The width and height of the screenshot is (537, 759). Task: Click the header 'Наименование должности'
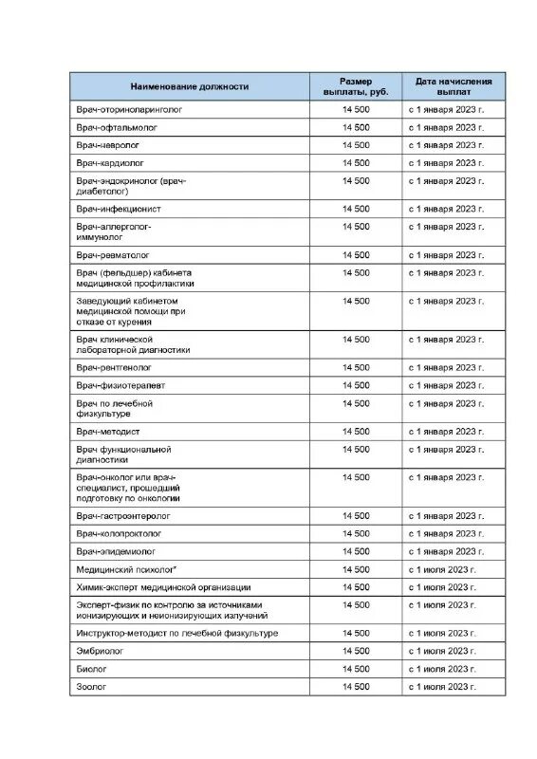click(190, 86)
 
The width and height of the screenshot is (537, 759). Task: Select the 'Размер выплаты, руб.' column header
click(356, 86)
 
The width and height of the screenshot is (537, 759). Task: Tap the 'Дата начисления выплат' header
click(454, 86)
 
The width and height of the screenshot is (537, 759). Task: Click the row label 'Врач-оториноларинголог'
click(129, 109)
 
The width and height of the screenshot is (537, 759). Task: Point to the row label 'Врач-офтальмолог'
click(116, 127)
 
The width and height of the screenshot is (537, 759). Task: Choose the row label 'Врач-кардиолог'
click(112, 162)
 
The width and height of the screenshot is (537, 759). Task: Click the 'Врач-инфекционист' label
click(119, 209)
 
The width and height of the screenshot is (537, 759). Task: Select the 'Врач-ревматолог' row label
click(114, 255)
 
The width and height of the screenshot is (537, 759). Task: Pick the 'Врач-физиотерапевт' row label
click(120, 385)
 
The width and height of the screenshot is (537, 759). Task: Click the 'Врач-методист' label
click(108, 432)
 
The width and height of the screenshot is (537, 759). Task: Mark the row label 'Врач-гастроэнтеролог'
click(123, 516)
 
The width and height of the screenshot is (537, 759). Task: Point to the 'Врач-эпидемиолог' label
click(116, 551)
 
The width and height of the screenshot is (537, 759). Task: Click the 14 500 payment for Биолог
click(356, 668)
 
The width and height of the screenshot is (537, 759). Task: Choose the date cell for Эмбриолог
click(442, 651)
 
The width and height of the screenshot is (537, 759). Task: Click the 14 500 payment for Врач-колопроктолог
click(356, 533)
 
